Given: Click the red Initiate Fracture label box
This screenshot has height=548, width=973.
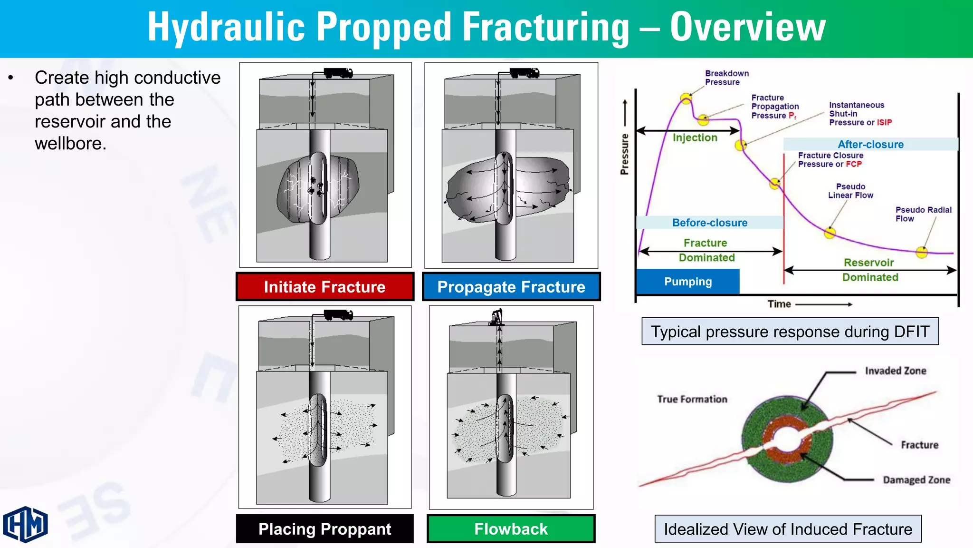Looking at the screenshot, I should [x=325, y=287].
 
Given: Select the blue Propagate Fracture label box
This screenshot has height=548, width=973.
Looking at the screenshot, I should [x=511, y=287].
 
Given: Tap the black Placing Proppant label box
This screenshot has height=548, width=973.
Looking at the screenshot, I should [x=325, y=528].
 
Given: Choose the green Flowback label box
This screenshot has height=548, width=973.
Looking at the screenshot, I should [x=511, y=528].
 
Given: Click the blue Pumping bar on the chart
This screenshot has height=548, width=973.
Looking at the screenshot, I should [x=688, y=282].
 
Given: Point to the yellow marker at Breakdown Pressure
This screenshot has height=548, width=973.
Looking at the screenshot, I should [x=686, y=98].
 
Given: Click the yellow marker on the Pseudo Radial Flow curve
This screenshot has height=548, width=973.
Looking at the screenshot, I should [x=922, y=252].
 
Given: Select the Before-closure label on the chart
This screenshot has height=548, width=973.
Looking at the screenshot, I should [x=710, y=223].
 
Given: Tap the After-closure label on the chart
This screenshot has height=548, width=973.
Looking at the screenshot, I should [x=870, y=144].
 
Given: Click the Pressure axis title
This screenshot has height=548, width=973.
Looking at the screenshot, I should [x=624, y=154].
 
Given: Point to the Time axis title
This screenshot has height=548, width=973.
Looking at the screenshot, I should [x=779, y=304].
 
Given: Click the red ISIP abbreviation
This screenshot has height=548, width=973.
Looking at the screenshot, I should [x=884, y=122].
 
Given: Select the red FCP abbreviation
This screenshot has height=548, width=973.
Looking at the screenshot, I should [x=853, y=164].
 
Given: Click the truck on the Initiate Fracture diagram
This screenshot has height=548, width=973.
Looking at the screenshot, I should [x=338, y=73].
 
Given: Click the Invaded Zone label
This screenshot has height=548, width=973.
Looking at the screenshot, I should [x=896, y=371].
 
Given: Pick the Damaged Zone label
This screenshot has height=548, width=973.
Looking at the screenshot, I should [x=916, y=480].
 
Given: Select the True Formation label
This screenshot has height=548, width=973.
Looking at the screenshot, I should [x=692, y=399].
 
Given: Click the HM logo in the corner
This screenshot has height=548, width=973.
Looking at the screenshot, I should [x=26, y=524].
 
